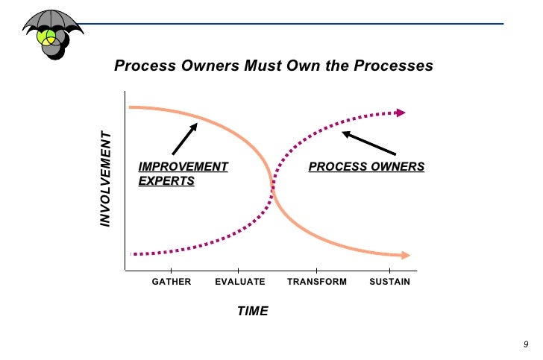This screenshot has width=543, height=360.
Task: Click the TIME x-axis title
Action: (x=252, y=311)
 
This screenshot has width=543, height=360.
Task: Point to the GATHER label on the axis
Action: (x=172, y=282)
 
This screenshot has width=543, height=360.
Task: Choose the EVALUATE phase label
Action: (x=239, y=282)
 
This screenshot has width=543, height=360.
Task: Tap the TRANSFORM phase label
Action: (x=317, y=282)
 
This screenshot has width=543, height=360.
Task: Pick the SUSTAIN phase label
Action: (x=389, y=282)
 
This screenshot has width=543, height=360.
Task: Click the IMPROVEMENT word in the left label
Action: (x=183, y=166)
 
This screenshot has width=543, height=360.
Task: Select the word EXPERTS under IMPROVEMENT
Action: (x=166, y=181)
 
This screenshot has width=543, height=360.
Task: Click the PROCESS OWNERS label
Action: (x=366, y=166)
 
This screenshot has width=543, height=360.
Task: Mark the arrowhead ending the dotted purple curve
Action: (x=401, y=113)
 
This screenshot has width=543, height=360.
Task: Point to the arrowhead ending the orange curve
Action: (x=405, y=256)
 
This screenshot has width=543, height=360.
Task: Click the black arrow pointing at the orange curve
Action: (x=183, y=139)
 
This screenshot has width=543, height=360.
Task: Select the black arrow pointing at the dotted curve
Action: (x=369, y=143)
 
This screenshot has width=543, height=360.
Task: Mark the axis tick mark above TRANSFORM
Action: (x=317, y=269)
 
